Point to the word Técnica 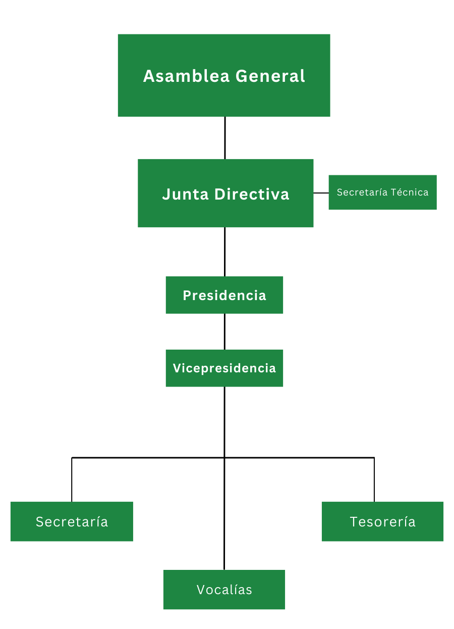tap(410, 192)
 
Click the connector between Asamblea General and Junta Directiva tap(225, 138)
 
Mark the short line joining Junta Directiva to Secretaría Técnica tap(321, 193)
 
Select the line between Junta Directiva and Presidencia tap(225, 252)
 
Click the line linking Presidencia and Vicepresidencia tap(224, 331)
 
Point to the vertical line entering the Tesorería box tap(374, 480)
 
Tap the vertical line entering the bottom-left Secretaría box tap(72, 480)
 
